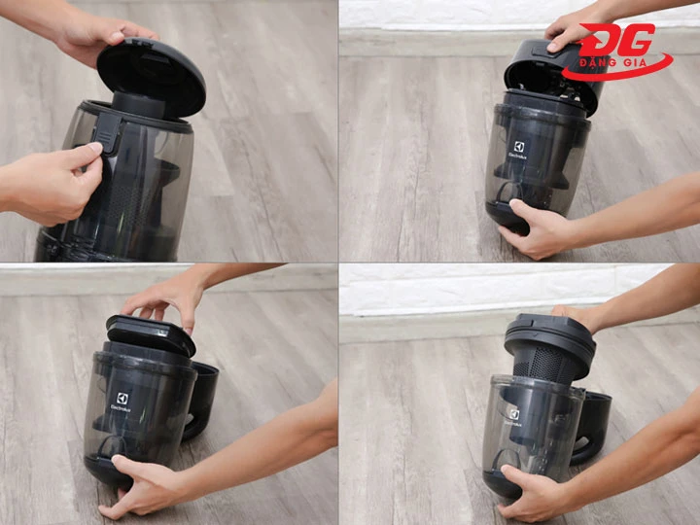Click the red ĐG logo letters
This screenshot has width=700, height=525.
coord(618,40)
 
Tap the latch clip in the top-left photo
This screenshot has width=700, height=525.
coord(107,132)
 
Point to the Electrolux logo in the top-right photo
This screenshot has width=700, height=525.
coord(518,151)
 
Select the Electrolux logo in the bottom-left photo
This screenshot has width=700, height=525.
coord(121,402)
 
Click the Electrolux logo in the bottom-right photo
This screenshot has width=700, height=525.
coord(514,417)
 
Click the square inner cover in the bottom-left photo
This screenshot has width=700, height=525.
coord(150,334)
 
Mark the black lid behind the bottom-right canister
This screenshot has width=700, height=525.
coord(595,429)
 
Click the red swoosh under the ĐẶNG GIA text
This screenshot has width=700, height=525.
coord(617,70)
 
